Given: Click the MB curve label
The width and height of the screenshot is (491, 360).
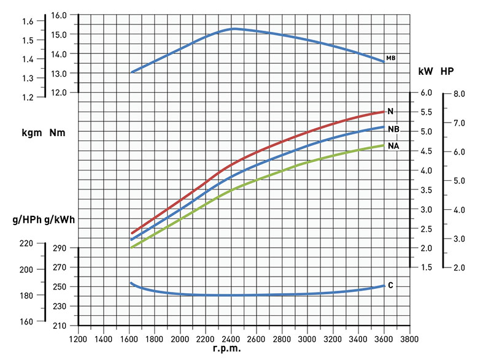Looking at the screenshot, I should tap(390, 58).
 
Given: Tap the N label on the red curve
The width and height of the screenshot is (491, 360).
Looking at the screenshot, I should tap(390, 111).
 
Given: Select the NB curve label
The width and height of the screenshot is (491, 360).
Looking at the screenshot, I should tap(393, 129).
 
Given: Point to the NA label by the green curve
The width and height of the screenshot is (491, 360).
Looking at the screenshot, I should tap(393, 147).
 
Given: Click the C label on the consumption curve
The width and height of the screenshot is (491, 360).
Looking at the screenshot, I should tap(390, 285).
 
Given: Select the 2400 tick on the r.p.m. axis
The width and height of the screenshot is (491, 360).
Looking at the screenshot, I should tap(231, 339).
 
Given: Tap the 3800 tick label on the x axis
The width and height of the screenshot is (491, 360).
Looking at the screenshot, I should tap(409, 339).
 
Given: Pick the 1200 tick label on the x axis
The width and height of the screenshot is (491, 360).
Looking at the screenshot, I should tap(78, 339).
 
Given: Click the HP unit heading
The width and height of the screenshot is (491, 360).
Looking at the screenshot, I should tap(447, 71).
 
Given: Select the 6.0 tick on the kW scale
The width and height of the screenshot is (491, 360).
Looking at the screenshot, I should tap(427, 93).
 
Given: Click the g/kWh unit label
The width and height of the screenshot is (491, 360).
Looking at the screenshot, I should tap(60, 219).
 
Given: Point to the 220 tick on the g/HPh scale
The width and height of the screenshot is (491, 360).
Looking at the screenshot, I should tap(27, 243).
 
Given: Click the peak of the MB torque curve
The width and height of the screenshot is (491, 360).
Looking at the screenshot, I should tap(234, 29).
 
